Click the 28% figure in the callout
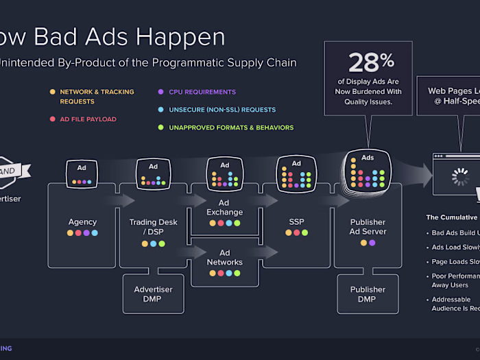click(368, 63)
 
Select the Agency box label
click(82, 222)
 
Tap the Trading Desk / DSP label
click(153, 226)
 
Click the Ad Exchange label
click(224, 208)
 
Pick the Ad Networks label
click(224, 258)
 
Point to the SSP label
click(296, 222)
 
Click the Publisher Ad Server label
click(368, 226)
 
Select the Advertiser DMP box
click(153, 294)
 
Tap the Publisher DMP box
click(368, 294)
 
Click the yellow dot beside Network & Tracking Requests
click(52, 92)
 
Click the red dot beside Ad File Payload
click(52, 119)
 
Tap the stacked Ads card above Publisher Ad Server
click(368, 170)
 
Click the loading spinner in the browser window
click(457, 178)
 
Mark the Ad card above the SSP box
click(296, 173)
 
